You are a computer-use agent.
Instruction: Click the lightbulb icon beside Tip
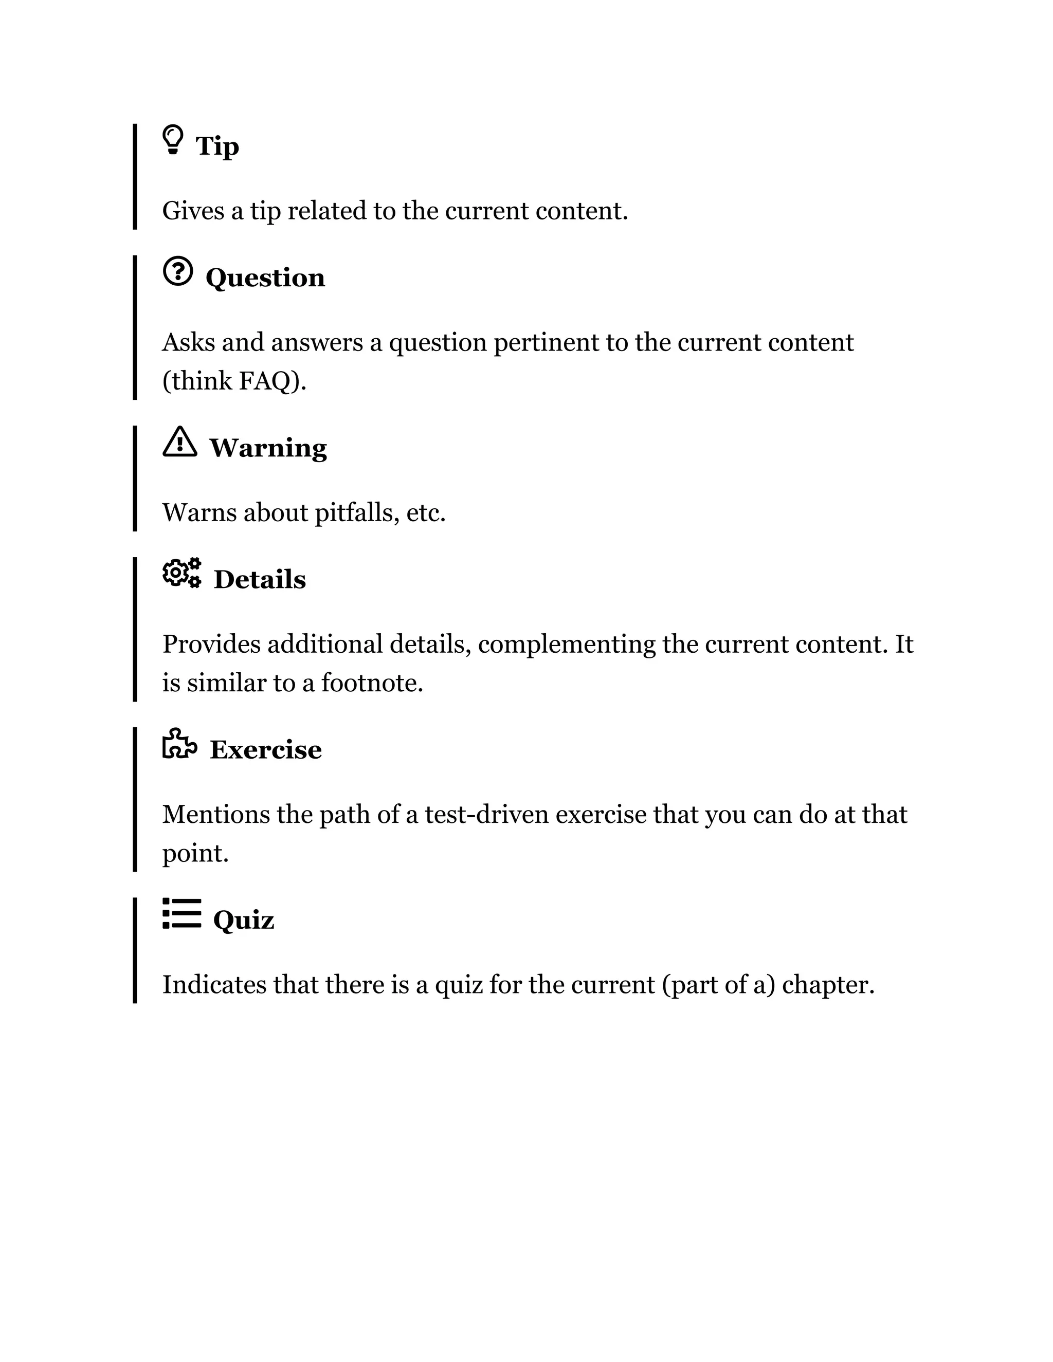173,140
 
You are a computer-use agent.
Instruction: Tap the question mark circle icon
178,272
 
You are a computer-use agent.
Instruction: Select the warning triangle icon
179,442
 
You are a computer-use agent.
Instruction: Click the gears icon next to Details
181,573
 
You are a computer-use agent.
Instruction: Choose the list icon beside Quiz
181,914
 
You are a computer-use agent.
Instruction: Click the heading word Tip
217,147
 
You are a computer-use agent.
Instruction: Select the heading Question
265,278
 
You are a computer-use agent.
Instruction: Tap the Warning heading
267,448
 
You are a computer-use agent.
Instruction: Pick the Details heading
260,580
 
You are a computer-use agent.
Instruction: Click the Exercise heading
266,750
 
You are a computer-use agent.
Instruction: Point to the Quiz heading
243,921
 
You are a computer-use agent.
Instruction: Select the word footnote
372,683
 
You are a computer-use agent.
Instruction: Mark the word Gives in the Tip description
193,211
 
